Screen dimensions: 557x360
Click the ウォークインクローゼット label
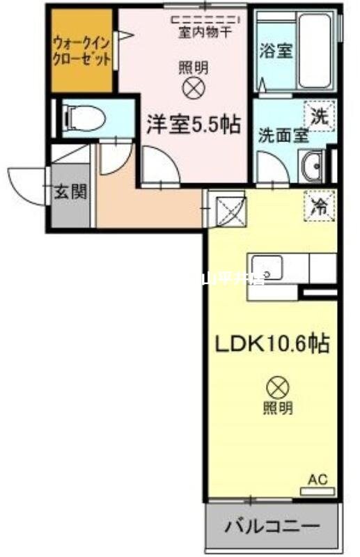point(81,50)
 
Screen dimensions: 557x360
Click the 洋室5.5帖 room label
point(193,125)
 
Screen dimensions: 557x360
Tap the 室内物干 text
point(205,30)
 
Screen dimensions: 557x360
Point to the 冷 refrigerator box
point(318,205)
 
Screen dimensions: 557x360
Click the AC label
point(317,480)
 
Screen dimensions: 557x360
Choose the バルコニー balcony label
point(272,526)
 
